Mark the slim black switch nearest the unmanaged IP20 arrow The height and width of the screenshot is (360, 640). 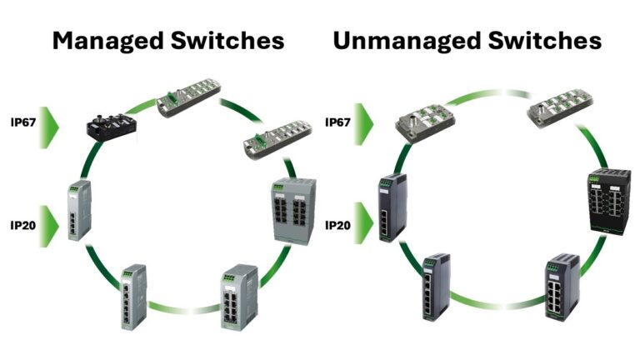[x=391, y=207]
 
